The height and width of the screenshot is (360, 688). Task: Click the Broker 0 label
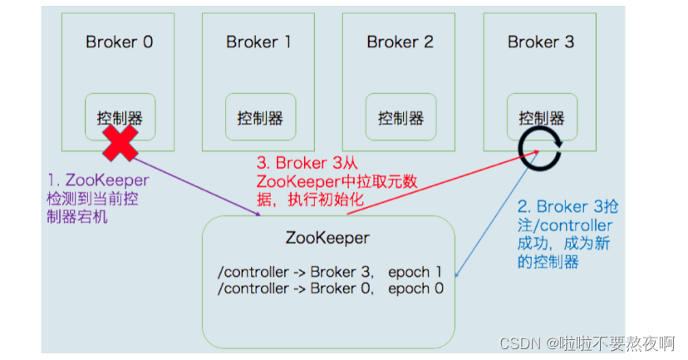[119, 42]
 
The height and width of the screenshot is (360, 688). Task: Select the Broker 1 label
[259, 42]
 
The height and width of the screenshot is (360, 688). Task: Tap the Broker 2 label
[400, 42]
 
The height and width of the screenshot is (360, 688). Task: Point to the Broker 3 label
[540, 42]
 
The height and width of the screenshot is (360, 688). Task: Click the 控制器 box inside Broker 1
[260, 117]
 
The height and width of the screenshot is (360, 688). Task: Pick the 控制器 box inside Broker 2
[401, 117]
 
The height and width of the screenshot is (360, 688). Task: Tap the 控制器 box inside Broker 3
[541, 116]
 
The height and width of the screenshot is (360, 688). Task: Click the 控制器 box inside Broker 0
[120, 116]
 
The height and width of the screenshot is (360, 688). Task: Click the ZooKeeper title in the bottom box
[327, 238]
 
